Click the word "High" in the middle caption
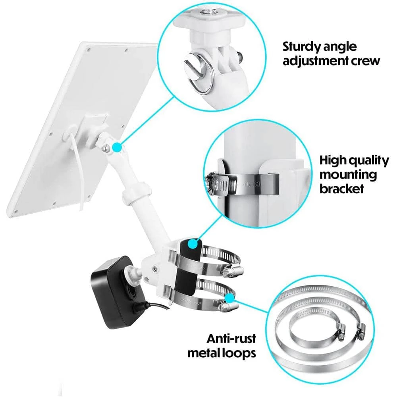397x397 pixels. (x=334, y=160)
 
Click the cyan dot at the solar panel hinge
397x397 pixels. (x=116, y=148)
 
